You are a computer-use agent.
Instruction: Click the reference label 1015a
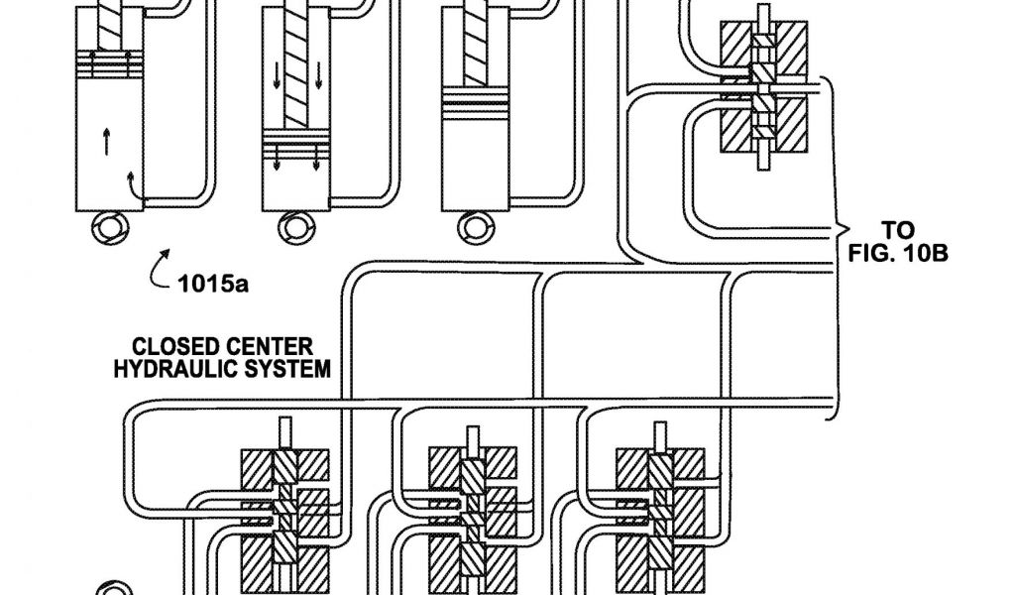(213, 287)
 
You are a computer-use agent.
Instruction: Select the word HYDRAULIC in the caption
(195, 369)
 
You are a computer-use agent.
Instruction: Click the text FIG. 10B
(899, 253)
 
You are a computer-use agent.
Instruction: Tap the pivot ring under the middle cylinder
(294, 229)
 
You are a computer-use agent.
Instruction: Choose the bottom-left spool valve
(285, 516)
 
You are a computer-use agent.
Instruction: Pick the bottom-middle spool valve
(472, 516)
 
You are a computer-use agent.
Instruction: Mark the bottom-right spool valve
(659, 516)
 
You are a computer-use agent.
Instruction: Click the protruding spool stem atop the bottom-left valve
(285, 433)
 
